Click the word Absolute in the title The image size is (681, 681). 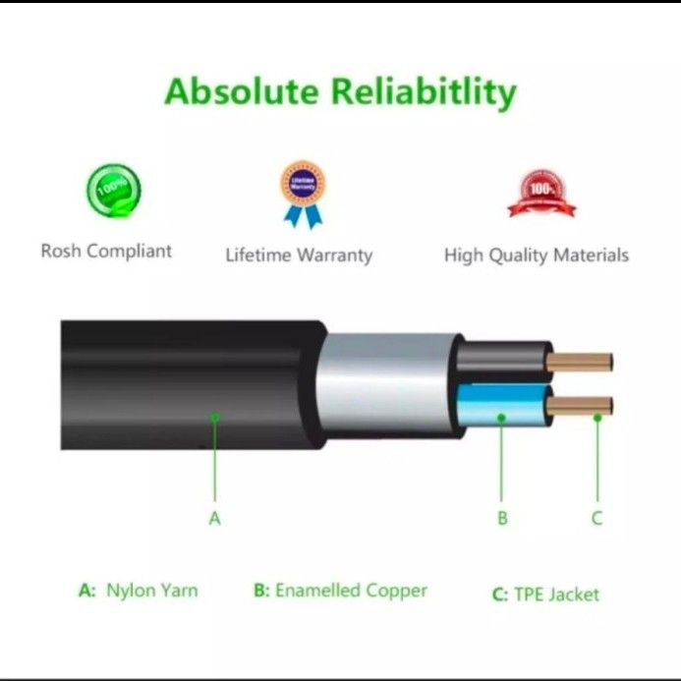[x=240, y=91]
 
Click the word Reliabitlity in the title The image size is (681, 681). [x=424, y=91]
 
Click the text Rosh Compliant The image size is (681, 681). [x=106, y=251]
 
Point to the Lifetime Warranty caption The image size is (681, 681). [x=299, y=255]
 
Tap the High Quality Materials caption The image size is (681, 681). [x=537, y=255]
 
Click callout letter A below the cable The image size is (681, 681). [x=215, y=518]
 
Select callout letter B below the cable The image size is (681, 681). [x=502, y=518]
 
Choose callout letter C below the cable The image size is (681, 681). [x=596, y=518]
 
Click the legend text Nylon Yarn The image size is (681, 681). [x=151, y=591]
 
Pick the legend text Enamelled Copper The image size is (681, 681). [x=351, y=591]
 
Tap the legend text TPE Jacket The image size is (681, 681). [x=556, y=594]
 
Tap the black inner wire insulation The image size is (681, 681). [x=501, y=362]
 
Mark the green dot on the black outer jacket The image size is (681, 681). [x=215, y=418]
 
